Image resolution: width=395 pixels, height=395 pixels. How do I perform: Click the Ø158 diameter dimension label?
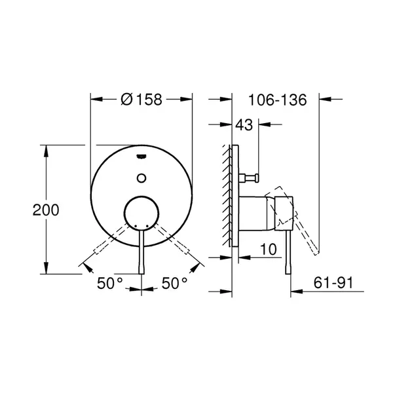(141, 100)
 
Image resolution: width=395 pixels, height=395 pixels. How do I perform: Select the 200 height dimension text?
(46, 210)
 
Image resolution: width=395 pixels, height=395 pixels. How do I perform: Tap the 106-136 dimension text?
(277, 100)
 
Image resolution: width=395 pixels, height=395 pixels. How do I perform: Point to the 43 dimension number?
(244, 124)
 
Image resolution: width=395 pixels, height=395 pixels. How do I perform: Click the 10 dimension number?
(269, 250)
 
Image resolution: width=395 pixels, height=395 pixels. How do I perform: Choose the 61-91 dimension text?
(333, 282)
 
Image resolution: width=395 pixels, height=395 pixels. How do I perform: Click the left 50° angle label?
(110, 283)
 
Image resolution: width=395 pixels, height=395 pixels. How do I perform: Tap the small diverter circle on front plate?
(141, 178)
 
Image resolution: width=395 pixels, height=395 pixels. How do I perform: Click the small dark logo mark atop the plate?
(141, 157)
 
